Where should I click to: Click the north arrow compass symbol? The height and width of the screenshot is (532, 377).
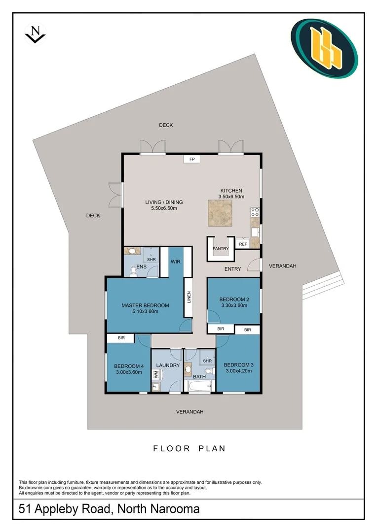tap(35, 34)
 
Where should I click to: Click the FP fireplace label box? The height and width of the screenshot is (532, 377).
tap(192, 159)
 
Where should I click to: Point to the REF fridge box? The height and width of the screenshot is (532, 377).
tap(243, 244)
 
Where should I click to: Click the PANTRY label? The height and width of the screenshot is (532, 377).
tap(221, 249)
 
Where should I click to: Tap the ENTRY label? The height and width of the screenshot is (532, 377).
tap(232, 269)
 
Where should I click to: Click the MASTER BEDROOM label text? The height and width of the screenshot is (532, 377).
tap(145, 305)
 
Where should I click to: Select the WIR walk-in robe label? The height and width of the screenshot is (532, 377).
tap(175, 262)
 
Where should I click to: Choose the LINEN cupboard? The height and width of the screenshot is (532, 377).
tap(188, 297)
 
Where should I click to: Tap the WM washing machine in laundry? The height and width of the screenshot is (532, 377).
tap(156, 375)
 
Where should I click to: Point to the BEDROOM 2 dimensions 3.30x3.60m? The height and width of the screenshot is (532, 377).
tap(233, 305)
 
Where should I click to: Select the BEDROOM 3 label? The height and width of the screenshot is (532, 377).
tap(239, 365)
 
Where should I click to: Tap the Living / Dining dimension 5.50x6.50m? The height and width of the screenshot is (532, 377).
tap(164, 208)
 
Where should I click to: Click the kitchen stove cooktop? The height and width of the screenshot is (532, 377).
tap(255, 213)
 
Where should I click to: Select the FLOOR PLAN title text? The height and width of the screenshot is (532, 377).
tap(189, 448)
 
